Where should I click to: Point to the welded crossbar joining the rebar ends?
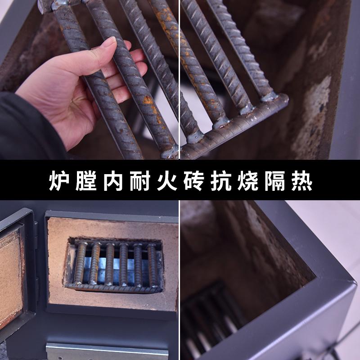(234, 126)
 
